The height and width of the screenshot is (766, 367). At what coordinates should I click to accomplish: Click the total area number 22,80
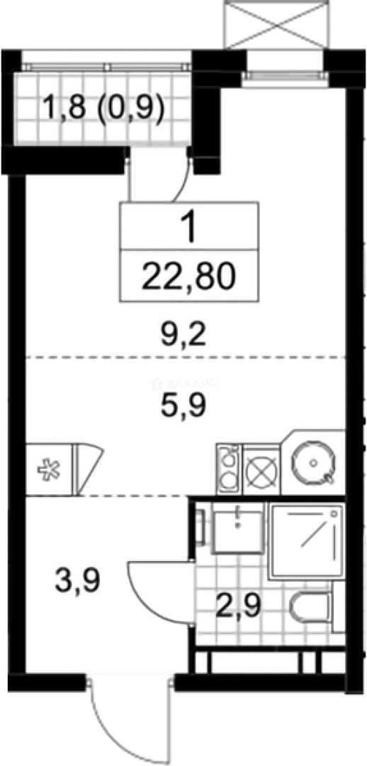tap(188, 273)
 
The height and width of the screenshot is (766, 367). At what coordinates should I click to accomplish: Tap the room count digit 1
tap(188, 228)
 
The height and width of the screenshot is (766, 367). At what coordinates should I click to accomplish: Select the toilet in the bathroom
tap(310, 606)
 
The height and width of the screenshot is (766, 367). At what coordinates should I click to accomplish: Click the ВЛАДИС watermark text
tap(186, 384)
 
